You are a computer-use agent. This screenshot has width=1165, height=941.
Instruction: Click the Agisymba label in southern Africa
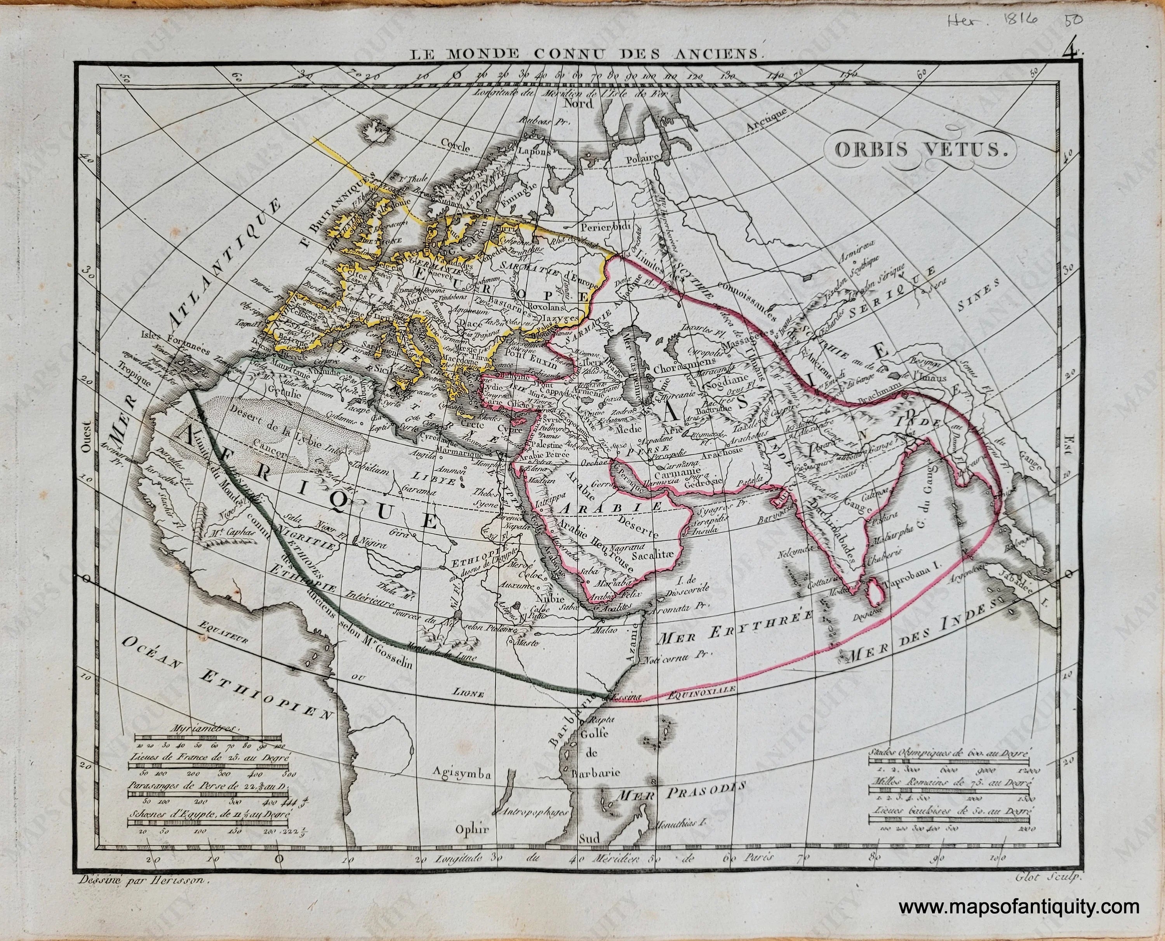coord(461,790)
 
